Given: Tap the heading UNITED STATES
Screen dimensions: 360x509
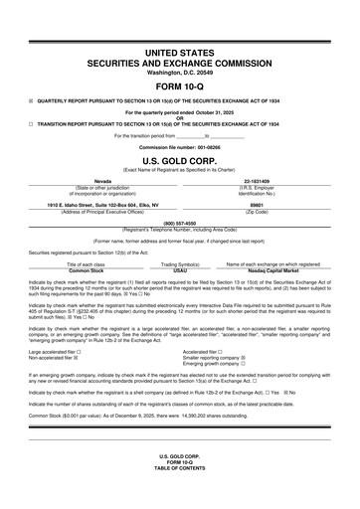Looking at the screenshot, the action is [x=179, y=51].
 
